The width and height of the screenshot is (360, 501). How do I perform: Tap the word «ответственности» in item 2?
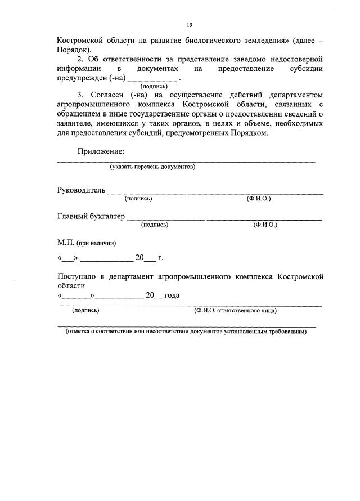click(127, 59)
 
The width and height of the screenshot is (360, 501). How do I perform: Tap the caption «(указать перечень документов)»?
click(152, 167)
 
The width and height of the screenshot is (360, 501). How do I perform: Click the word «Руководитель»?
click(81, 190)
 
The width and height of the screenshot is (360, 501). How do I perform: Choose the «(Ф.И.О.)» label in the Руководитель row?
click(259, 198)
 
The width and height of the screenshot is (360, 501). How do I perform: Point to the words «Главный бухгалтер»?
click(91, 216)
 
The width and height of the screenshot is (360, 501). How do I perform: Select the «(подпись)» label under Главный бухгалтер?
click(155, 225)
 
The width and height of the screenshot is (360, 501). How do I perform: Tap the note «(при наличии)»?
click(97, 243)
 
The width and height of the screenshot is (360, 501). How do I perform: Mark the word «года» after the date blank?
click(172, 296)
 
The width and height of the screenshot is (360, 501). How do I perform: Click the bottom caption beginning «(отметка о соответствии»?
click(186, 332)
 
